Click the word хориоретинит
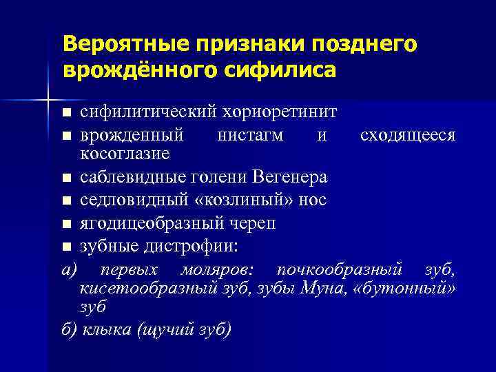click(283, 111)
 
